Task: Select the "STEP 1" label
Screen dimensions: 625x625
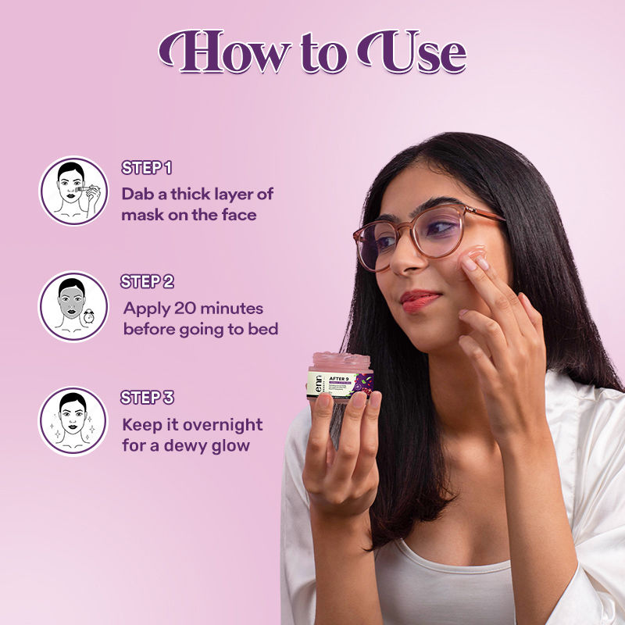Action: point(146,168)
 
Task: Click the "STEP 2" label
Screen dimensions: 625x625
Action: point(147,282)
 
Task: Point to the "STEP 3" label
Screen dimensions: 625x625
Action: point(147,398)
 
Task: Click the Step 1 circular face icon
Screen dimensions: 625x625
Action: point(73,191)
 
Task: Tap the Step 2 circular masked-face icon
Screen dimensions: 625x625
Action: point(73,306)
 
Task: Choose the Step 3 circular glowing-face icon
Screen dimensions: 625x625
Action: point(73,421)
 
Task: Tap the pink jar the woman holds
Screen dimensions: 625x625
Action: point(340,375)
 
